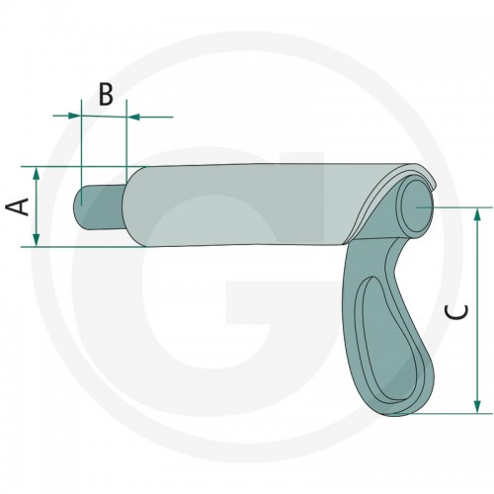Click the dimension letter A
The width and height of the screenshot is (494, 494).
point(18,206)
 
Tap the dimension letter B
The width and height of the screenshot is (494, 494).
point(106,95)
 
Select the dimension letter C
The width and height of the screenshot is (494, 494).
point(456,312)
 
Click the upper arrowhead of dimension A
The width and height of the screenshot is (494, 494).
point(37,174)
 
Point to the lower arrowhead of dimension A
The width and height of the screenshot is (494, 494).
point(37,240)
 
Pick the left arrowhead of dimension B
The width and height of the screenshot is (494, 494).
point(74,116)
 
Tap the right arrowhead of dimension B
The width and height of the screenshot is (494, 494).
point(133,117)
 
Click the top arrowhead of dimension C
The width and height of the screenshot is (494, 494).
point(477,215)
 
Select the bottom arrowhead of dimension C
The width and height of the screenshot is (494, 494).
point(477,406)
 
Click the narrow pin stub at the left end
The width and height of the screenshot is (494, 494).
point(99,206)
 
